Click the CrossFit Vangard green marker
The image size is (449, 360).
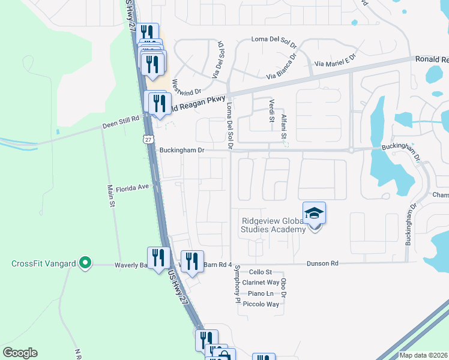point(85,262)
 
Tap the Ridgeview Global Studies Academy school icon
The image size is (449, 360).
point(315,214)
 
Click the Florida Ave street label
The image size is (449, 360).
point(132,187)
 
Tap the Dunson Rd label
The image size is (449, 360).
point(322,263)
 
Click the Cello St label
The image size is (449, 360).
point(261,272)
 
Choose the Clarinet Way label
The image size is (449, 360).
point(264,283)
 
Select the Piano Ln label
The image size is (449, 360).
point(261,293)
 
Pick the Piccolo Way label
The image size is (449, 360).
point(264,304)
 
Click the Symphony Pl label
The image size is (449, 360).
point(238,282)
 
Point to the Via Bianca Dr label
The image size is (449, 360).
point(282,67)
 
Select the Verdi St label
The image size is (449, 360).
point(271,109)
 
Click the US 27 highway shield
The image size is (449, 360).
point(148,139)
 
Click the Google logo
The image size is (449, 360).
point(20,353)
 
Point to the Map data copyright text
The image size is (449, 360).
point(424,355)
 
